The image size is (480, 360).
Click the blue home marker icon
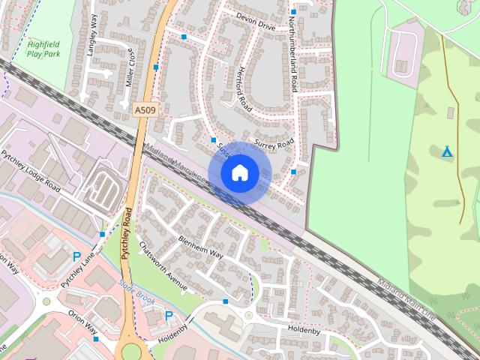[x=239, y=172]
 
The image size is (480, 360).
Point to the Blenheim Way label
[x=201, y=247]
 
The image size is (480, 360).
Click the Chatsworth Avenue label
[x=162, y=266]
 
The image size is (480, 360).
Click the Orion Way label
[x=82, y=322]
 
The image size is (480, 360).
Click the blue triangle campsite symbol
[x=447, y=152]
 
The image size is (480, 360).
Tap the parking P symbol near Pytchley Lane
[x=76, y=257]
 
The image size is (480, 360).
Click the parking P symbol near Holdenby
[x=169, y=316]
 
